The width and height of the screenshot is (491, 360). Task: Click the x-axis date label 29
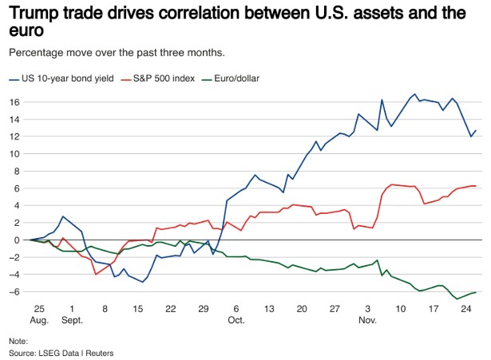click(x=203, y=308)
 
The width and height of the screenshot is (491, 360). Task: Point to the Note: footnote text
click(x=19, y=339)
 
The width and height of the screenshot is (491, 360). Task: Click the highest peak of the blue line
click(x=415, y=94)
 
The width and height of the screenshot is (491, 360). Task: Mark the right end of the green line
click(x=477, y=292)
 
